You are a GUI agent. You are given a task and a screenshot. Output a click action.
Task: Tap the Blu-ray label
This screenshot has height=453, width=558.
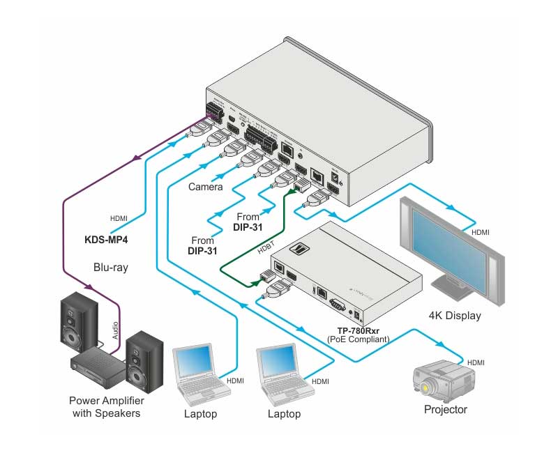[x=112, y=266]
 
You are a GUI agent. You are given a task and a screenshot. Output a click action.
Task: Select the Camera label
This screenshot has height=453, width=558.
[x=206, y=187]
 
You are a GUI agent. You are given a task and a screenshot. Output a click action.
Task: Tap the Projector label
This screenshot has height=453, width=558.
[x=446, y=409]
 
